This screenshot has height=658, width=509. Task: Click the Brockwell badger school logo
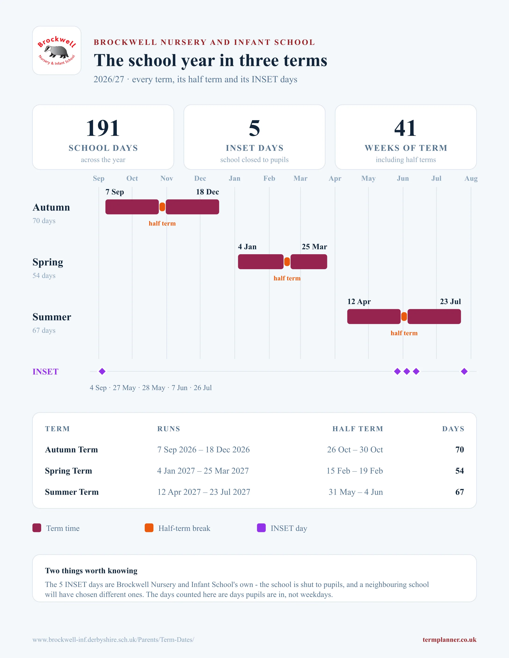57,50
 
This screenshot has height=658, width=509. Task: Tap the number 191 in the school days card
103,128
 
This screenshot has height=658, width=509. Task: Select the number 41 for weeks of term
406,128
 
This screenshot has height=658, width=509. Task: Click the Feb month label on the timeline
269,178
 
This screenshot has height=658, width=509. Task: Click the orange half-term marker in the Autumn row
162,207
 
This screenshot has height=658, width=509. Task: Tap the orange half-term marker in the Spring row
287,262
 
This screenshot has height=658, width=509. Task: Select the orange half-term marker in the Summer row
404,317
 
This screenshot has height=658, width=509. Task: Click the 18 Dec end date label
207,192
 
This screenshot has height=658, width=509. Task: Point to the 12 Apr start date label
359,302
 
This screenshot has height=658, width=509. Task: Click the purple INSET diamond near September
102,372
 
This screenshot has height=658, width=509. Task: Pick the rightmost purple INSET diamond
464,372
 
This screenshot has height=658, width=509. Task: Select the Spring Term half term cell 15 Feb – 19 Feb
355,471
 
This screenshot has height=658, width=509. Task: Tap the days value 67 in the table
460,492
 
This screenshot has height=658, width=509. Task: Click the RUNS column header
169,429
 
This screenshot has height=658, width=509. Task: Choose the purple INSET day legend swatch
261,528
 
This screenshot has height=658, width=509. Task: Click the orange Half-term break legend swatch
149,528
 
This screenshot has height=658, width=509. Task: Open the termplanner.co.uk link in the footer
449,640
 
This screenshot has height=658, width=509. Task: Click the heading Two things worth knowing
91,571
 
